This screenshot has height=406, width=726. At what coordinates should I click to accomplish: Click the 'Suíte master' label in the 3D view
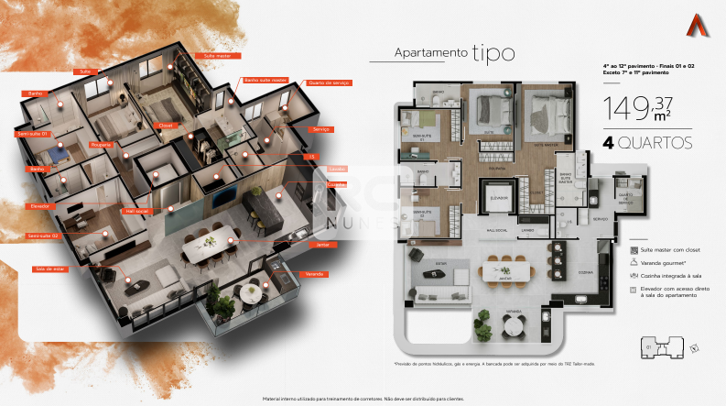tap(217, 56)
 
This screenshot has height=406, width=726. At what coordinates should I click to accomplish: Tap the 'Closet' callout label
tap(166, 125)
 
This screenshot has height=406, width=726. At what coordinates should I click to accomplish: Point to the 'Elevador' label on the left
tap(39, 206)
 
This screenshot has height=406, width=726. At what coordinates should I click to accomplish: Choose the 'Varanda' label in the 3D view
tap(315, 274)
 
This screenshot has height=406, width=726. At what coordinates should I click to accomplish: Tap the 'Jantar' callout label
tap(321, 245)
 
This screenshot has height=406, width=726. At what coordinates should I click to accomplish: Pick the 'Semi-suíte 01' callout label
tap(32, 134)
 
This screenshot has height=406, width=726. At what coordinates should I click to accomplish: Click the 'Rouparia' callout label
tap(102, 144)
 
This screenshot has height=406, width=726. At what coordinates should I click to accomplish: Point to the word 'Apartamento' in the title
tap(430, 53)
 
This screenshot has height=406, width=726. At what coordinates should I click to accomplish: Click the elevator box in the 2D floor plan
tap(499, 195)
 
